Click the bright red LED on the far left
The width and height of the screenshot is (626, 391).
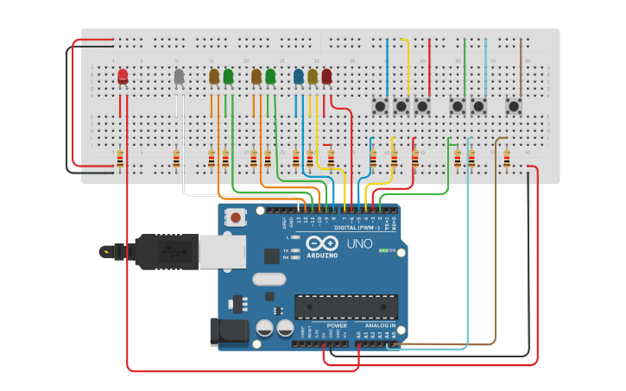(123, 77)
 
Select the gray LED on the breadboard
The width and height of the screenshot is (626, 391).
(179, 77)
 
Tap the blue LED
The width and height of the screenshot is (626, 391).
(299, 77)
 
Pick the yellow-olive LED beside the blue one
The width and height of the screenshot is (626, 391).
(313, 77)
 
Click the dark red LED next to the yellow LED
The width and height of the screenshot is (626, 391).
(326, 77)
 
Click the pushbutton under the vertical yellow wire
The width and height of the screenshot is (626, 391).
(401, 106)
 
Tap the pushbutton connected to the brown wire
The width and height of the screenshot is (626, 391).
(514, 106)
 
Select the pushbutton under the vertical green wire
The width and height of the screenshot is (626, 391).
(458, 106)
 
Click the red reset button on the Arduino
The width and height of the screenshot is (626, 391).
(235, 218)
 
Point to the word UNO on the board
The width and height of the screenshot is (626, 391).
(359, 244)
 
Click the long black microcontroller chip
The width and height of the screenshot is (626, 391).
(346, 306)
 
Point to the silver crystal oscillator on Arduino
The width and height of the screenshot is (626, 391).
(269, 279)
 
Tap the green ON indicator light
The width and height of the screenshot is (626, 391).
(383, 250)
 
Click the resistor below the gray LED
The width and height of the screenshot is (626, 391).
(176, 160)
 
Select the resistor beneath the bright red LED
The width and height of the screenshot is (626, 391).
(119, 160)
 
